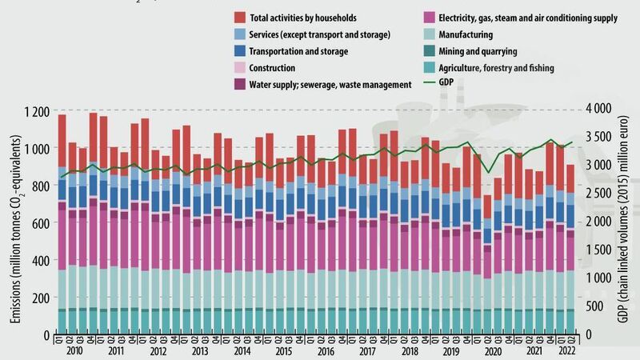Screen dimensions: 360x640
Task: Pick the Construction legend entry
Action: coord(273,69)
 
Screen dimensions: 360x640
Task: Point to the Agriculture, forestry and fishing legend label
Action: coord(487,69)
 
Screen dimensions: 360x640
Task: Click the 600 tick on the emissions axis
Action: coord(41,222)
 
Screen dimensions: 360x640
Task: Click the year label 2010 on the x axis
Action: coord(76,350)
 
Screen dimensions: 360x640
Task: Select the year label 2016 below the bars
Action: coord(325,350)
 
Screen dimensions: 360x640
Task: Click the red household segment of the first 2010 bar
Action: coord(62,141)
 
